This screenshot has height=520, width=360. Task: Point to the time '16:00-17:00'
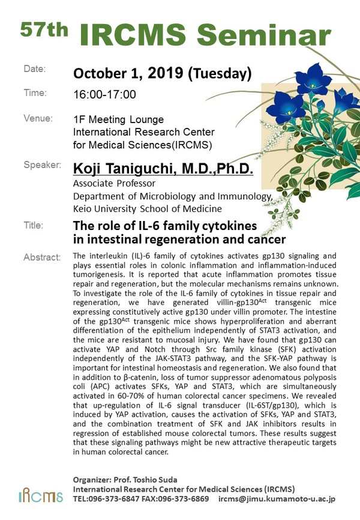point(104,95)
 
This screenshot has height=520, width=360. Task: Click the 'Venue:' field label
point(38,118)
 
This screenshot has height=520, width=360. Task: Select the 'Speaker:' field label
point(42,165)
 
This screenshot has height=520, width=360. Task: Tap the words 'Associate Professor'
point(114,183)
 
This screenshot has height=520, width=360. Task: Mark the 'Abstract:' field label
point(42,258)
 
